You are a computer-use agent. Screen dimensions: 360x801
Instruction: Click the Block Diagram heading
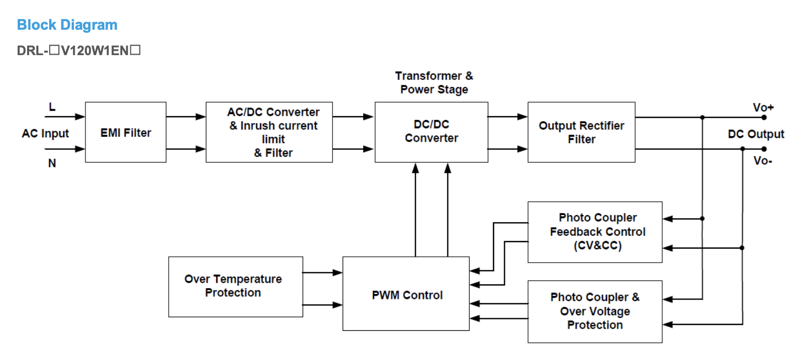click(67, 25)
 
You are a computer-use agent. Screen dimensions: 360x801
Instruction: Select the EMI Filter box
click(125, 132)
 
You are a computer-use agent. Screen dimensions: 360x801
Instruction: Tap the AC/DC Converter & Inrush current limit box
click(269, 132)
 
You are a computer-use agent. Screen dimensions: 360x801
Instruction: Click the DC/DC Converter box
click(431, 132)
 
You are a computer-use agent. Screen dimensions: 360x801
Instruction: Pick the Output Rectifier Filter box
click(581, 132)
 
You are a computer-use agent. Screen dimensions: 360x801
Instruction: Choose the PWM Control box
click(406, 295)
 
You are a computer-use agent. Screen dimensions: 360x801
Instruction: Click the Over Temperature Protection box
click(235, 286)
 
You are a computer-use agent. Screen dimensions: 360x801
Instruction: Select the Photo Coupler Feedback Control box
click(595, 232)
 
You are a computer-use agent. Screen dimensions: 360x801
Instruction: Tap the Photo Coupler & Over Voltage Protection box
click(595, 311)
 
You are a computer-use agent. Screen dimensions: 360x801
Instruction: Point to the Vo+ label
click(763, 108)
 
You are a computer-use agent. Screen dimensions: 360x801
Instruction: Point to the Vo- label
click(763, 161)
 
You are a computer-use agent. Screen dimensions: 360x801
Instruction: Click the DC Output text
click(756, 134)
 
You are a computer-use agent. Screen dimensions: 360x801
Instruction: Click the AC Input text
click(45, 134)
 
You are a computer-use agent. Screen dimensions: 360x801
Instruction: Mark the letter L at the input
click(52, 107)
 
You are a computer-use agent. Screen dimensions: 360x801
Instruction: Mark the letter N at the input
click(52, 163)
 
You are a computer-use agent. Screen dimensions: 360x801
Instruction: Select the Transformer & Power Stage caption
click(433, 83)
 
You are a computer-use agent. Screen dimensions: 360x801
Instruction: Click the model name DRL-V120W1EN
click(79, 51)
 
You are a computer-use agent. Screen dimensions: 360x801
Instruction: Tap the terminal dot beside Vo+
click(764, 117)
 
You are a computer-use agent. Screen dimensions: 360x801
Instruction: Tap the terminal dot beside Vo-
click(764, 149)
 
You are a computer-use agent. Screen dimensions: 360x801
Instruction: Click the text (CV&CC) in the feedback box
click(597, 246)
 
